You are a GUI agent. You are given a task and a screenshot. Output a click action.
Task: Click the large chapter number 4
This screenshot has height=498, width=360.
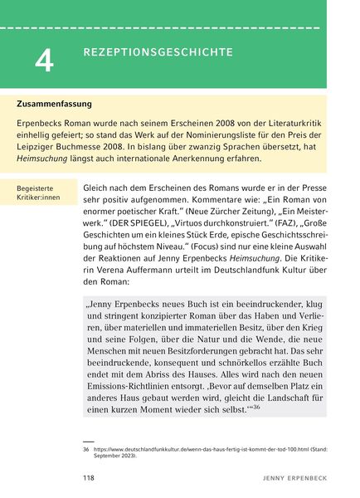(44, 59)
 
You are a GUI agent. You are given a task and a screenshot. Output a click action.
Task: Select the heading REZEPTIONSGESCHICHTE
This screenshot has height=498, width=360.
(158, 52)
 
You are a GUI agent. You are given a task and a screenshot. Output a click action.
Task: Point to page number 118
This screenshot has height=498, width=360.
(90, 479)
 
